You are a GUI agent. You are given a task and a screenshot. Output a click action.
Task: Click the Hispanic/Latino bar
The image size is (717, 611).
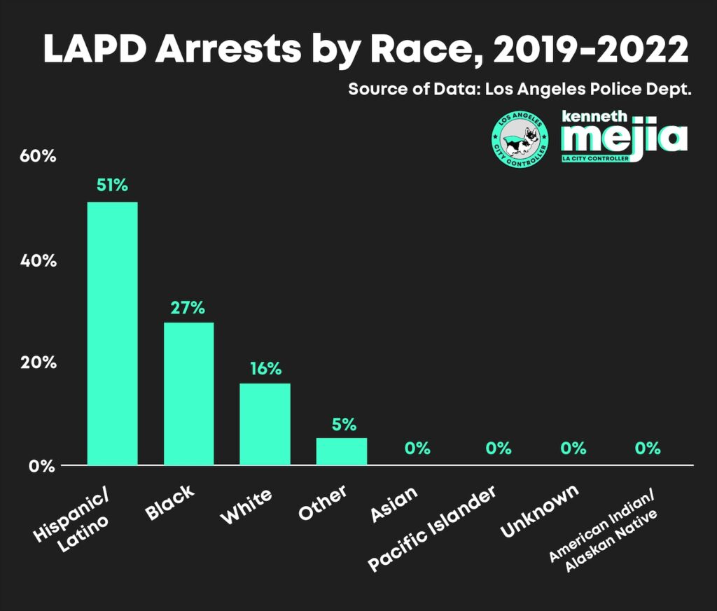pyautogui.click(x=112, y=333)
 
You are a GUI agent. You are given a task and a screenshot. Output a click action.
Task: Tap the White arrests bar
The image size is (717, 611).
pyautogui.click(x=265, y=424)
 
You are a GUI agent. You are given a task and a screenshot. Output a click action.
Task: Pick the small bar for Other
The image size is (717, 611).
pyautogui.click(x=341, y=451)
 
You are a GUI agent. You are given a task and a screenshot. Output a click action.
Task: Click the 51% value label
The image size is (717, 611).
pyautogui.click(x=112, y=186)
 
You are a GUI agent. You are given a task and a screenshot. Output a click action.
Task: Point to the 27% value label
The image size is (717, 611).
pyautogui.click(x=188, y=307)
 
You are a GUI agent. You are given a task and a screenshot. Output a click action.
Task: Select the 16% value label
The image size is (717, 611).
pyautogui.click(x=265, y=368)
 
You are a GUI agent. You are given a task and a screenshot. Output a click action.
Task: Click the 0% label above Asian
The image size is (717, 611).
pyautogui.click(x=417, y=449)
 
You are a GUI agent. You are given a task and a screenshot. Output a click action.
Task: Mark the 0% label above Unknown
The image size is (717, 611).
pyautogui.click(x=573, y=449)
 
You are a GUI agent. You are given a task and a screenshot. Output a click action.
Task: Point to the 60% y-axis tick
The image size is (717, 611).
pyautogui.click(x=37, y=156)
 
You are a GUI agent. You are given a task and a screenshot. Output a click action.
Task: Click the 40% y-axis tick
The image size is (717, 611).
pyautogui.click(x=37, y=260)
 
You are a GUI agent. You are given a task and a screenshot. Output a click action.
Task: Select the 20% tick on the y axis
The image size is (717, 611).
pyautogui.click(x=37, y=363)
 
